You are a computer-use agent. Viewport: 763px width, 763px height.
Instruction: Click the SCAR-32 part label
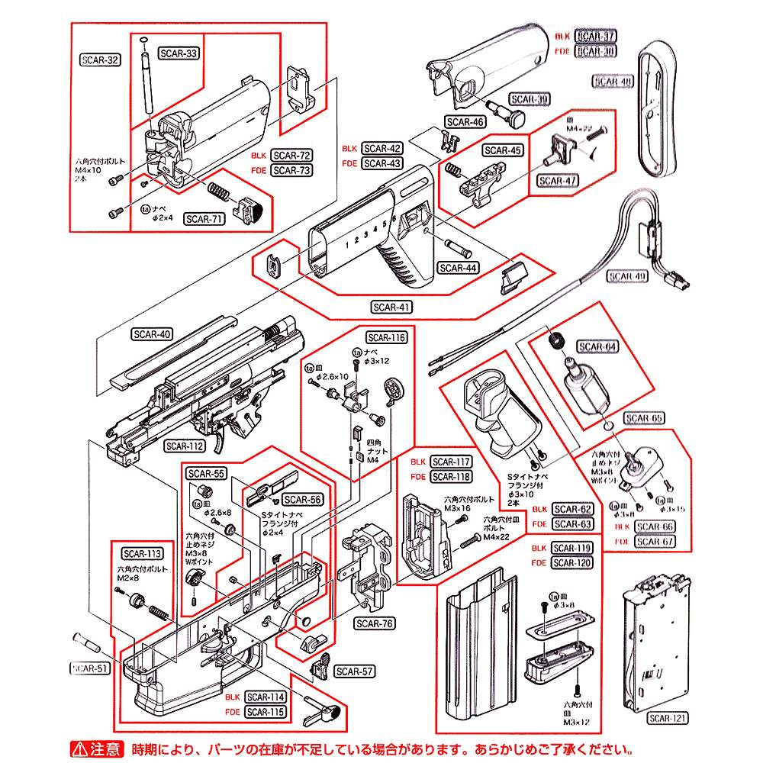(x=100, y=60)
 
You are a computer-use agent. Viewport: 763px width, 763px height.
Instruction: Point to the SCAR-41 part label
(x=391, y=307)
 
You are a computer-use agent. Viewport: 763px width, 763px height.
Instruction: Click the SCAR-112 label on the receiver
(x=185, y=446)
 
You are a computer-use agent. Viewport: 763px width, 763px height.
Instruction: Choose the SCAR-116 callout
(x=386, y=337)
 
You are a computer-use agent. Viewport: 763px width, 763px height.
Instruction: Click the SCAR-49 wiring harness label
(x=627, y=276)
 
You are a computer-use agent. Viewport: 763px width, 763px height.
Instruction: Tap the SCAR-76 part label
(x=375, y=623)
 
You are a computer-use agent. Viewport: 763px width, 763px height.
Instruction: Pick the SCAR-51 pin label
(x=91, y=668)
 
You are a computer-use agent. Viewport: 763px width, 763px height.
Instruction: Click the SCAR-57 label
(x=355, y=671)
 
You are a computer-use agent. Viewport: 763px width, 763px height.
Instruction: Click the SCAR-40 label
(x=152, y=333)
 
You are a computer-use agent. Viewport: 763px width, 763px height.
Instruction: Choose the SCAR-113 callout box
(x=143, y=554)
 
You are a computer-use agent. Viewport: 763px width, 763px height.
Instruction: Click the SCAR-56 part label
(x=302, y=500)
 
